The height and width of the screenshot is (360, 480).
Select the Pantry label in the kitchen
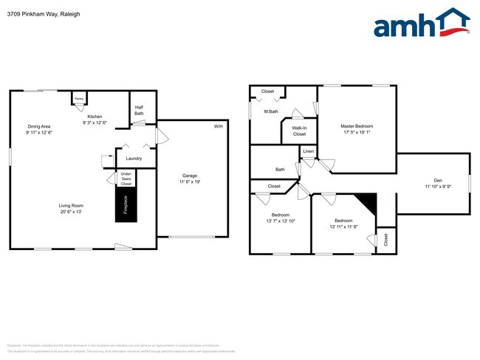(78, 98)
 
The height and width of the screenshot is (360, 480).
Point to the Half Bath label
(139, 110)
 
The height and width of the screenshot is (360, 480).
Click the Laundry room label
(134, 159)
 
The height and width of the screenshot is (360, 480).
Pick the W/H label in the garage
(218, 127)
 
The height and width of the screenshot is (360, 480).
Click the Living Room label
(71, 206)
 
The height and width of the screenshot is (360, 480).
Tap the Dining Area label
(40, 126)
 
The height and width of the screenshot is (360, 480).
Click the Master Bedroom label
(357, 126)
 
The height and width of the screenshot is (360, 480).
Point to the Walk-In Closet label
(299, 131)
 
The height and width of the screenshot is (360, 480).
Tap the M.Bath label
(270, 111)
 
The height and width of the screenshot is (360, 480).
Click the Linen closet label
(308, 152)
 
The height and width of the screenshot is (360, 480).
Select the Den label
(437, 181)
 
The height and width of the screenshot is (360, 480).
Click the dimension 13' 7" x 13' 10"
(279, 221)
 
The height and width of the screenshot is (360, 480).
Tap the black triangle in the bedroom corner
(368, 202)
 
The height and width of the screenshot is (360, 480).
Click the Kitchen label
(95, 117)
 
